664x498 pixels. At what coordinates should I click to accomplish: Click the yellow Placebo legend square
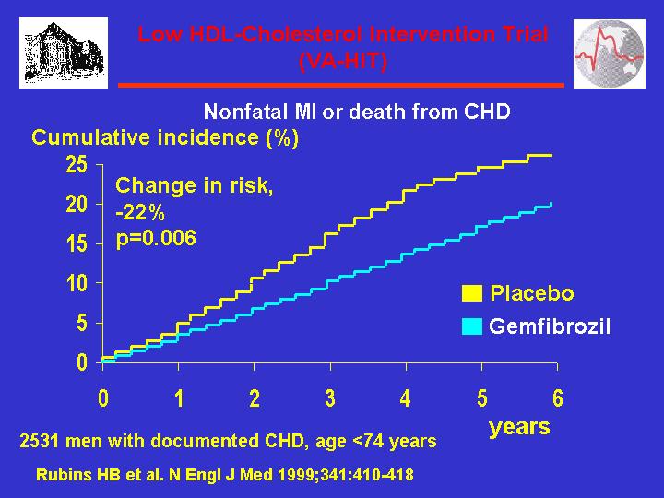(472, 293)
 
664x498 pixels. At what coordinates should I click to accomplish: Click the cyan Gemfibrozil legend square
(472, 326)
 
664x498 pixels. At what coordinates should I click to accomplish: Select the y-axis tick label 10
(77, 283)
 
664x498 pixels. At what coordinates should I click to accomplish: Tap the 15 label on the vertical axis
(77, 243)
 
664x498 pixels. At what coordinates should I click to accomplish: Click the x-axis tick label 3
(330, 398)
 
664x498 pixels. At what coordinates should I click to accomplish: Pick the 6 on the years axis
(558, 398)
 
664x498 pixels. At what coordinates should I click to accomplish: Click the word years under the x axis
(519, 427)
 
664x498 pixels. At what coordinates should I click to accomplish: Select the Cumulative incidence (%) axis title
(165, 137)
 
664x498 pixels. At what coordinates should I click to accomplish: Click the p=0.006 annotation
(156, 239)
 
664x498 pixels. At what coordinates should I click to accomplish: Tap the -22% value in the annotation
(140, 212)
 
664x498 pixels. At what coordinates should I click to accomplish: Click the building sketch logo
(64, 53)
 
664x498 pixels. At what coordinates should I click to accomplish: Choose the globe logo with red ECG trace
(610, 53)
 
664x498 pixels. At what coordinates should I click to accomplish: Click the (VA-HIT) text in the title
(343, 63)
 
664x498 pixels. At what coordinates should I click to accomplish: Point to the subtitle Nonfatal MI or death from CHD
(357, 112)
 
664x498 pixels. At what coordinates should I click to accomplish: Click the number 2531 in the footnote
(39, 441)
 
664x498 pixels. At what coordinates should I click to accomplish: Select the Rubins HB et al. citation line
(225, 474)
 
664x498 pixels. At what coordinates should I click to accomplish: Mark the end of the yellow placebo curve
(551, 156)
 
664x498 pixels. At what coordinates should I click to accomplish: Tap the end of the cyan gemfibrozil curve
(551, 204)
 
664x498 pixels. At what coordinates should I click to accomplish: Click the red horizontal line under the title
(341, 86)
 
